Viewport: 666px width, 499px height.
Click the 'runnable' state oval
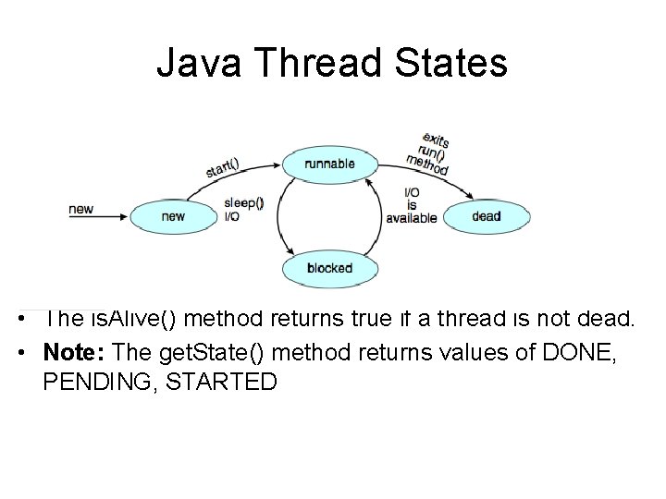[330, 164]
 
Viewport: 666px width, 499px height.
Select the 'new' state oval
[172, 216]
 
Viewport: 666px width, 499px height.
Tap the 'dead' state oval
[486, 216]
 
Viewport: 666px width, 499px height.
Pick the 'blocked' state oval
[330, 268]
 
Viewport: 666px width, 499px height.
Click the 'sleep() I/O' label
[243, 210]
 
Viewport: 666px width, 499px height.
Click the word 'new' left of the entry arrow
[80, 209]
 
